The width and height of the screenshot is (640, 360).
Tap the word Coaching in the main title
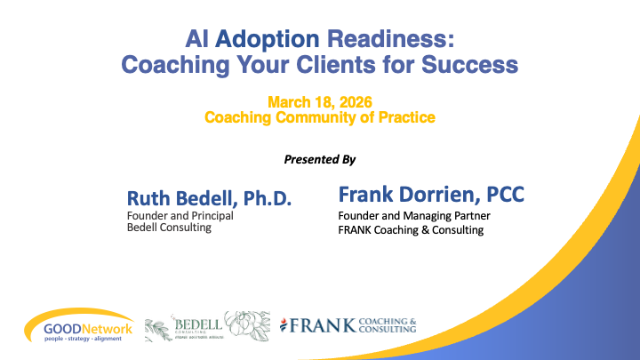pos(171,65)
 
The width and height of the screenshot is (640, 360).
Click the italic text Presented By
pos(319,159)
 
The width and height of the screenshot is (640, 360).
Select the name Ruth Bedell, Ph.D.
pos(196,196)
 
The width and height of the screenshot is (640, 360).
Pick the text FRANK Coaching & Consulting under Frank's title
pos(410,230)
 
